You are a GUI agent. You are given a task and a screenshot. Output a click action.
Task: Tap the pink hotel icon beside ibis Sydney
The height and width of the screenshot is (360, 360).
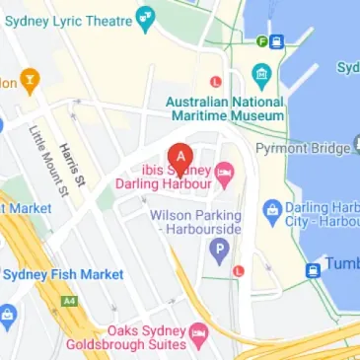tap(225, 175)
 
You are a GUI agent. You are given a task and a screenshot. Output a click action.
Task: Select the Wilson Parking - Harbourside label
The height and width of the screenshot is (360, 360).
tap(195, 222)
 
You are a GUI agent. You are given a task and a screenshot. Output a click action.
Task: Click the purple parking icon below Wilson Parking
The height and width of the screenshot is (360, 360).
tap(217, 247)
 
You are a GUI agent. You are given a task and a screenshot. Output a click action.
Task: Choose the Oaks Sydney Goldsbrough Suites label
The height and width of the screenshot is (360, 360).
tap(126, 336)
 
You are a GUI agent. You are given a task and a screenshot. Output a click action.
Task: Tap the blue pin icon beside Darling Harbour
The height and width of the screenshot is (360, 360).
tap(272, 209)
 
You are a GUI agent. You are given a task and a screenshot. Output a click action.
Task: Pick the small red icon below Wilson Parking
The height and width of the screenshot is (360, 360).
tap(238, 270)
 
